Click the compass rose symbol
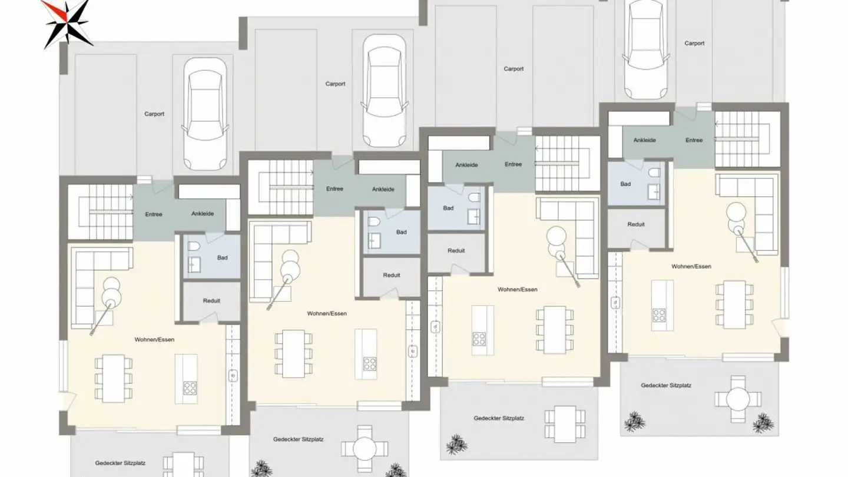click(x=67, y=23)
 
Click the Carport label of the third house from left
click(x=514, y=69)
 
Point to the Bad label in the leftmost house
click(x=222, y=257)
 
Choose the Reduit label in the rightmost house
click(x=636, y=224)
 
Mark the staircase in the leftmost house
click(x=100, y=210)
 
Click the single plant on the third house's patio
click(x=456, y=444)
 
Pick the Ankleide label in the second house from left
click(x=383, y=189)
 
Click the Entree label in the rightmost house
click(x=694, y=140)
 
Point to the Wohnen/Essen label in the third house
click(x=517, y=290)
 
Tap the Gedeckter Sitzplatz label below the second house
click(x=298, y=439)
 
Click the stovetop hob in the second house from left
click(x=370, y=363)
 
